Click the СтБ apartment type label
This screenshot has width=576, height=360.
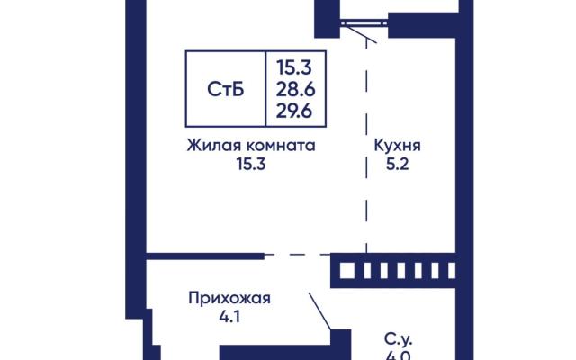[226, 89]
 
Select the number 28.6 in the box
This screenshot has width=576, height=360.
[296, 89]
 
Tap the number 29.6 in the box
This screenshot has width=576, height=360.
[294, 111]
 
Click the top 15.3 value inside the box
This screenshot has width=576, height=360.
[294, 67]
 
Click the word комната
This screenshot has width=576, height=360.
[281, 146]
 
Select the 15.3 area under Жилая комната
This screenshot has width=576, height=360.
[251, 164]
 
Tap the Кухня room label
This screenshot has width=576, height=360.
[398, 146]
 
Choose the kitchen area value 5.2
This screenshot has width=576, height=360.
[398, 164]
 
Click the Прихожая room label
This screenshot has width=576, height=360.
[229, 298]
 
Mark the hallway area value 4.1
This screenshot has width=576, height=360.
[230, 317]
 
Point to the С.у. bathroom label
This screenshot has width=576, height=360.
[399, 338]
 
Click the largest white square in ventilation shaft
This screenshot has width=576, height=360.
[347, 271]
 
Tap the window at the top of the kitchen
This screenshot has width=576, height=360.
[364, 23]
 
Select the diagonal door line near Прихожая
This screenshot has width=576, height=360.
[320, 311]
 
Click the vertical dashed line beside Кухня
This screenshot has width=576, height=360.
[366, 146]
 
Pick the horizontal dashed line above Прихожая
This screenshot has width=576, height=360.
[298, 254]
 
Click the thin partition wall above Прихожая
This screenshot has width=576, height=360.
[205, 256]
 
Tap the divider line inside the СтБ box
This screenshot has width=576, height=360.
[265, 89]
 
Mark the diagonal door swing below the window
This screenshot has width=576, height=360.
[361, 35]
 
